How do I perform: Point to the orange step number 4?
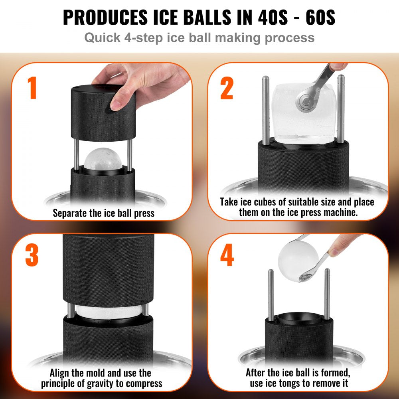(x=227, y=256)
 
